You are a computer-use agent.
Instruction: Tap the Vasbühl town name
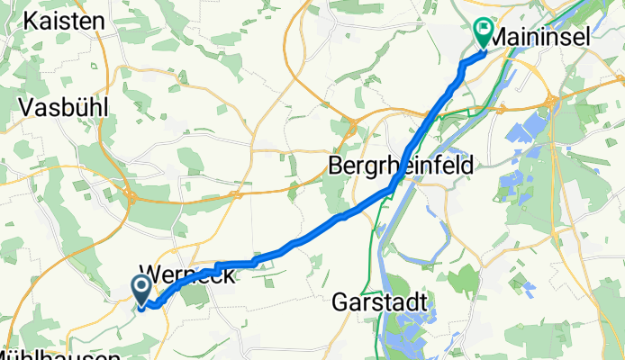click(x=64, y=107)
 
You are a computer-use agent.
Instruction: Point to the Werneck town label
click(x=189, y=277)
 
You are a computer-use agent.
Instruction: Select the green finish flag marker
click(x=482, y=33)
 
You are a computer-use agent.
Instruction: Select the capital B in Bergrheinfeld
click(x=335, y=166)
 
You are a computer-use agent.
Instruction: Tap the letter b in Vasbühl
click(x=71, y=107)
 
